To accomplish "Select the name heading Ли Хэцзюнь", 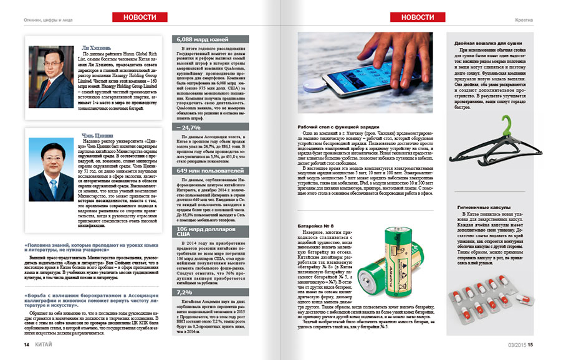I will pyautogui.click(x=98, y=49).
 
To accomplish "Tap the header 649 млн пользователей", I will pyautogui.click(x=209, y=170).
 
